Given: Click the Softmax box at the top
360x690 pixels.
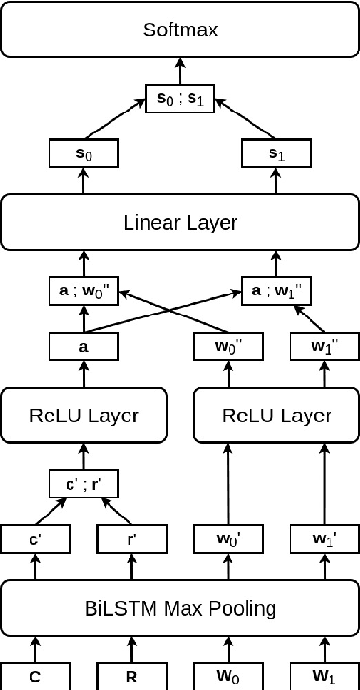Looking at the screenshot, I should [x=180, y=30].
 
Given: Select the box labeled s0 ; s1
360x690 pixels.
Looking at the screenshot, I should [x=180, y=96].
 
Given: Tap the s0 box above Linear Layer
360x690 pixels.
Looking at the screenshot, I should [x=83, y=152].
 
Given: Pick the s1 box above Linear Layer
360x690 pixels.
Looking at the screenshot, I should [x=277, y=152].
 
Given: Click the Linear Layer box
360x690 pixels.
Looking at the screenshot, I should [x=180, y=223].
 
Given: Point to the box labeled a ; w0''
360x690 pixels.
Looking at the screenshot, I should [x=83, y=291].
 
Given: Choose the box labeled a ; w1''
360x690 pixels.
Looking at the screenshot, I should [x=277, y=291].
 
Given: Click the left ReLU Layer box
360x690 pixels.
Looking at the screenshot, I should [x=84, y=416].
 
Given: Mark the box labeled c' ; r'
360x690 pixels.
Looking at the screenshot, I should [x=83, y=484].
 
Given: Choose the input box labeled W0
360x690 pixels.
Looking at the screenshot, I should [x=229, y=676].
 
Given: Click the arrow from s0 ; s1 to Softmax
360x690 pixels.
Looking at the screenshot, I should [x=180, y=70].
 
